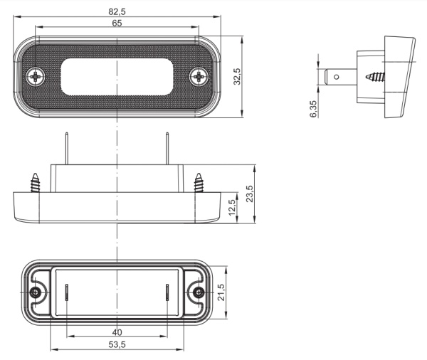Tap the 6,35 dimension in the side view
pyautogui.click(x=314, y=109)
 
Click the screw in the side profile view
pyautogui.click(x=374, y=74)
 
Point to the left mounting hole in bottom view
pyautogui.click(x=36, y=293)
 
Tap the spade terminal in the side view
pyautogui.click(x=340, y=74)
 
